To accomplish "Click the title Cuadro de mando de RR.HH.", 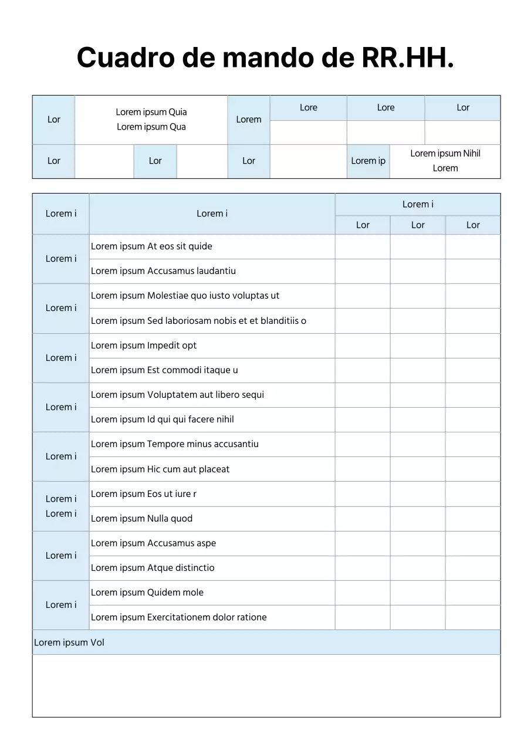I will pos(265,57).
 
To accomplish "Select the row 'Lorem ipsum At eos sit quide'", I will pos(151,246).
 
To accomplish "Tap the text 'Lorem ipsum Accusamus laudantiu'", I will pos(163,271).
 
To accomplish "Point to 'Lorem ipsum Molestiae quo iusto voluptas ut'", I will pos(185,296).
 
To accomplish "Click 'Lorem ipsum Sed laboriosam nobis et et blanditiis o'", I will pos(198,321).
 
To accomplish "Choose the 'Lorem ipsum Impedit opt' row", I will pos(144,346).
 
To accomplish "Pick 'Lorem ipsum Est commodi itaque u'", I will pos(164,370).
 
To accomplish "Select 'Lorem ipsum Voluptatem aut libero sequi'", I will pos(177,395).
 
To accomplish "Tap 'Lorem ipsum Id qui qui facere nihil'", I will pos(162,420).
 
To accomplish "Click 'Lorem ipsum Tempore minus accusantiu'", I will pos(174,444).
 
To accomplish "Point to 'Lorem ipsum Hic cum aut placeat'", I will pos(160,469).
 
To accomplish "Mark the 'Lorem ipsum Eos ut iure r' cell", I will pos(144,494).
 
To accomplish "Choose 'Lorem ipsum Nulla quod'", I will pos(141,519).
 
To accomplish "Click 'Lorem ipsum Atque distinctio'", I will pos(153,568).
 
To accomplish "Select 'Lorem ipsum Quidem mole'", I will pos(147,593).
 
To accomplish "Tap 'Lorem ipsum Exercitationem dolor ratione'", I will pos(178,617).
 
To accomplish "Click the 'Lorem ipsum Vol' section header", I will pos(69,642).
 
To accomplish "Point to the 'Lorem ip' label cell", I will pos(368,161).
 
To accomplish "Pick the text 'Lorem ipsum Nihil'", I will pos(445,154).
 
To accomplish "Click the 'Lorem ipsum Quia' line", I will pos(151,112).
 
